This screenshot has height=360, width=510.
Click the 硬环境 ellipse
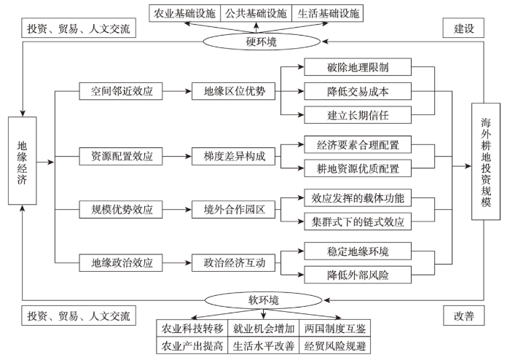click(x=262, y=42)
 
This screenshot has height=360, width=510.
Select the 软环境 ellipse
click(x=263, y=300)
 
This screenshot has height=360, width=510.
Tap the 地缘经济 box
click(x=22, y=160)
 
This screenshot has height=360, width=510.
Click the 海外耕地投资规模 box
click(x=486, y=162)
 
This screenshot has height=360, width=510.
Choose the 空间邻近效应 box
click(x=121, y=91)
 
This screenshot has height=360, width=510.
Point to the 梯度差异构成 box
click(x=233, y=157)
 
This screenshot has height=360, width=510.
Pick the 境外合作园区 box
click(x=233, y=209)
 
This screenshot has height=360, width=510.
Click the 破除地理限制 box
click(x=358, y=67)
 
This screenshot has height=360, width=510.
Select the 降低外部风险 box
click(x=358, y=275)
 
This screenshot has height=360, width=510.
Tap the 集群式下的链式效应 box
click(x=358, y=222)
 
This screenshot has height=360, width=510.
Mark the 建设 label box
click(x=463, y=28)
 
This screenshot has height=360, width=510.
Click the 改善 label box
click(x=463, y=316)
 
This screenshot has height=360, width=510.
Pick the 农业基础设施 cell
click(x=185, y=13)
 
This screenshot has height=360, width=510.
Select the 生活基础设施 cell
click(x=328, y=13)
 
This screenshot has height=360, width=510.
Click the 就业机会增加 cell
click(x=264, y=328)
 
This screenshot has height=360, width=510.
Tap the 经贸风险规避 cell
click(x=335, y=345)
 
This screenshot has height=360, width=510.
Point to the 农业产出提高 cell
click(x=192, y=345)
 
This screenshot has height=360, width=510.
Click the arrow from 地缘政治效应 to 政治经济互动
click(x=177, y=263)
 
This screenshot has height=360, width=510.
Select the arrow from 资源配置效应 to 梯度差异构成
click(x=177, y=157)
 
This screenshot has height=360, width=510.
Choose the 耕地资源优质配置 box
click(x=358, y=168)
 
